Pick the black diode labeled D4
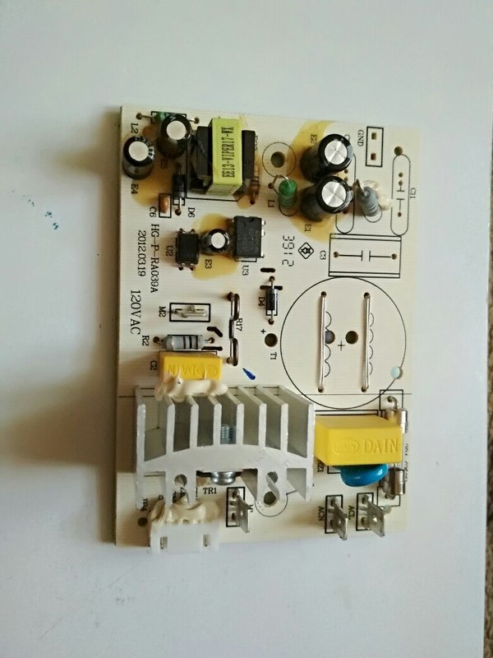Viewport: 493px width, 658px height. click(x=268, y=292)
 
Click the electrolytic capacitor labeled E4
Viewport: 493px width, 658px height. click(x=136, y=156)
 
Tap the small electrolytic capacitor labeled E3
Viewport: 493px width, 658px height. click(x=217, y=242)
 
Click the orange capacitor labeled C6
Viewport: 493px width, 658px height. click(x=165, y=201)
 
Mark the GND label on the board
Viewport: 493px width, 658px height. click(x=360, y=141)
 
